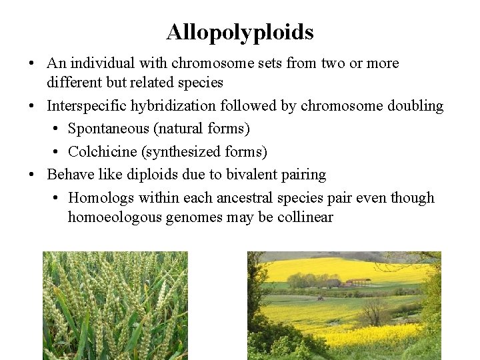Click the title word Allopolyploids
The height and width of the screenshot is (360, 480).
(240, 32)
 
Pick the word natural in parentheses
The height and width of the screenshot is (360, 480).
(183, 128)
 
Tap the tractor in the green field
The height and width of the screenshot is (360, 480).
(320, 297)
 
